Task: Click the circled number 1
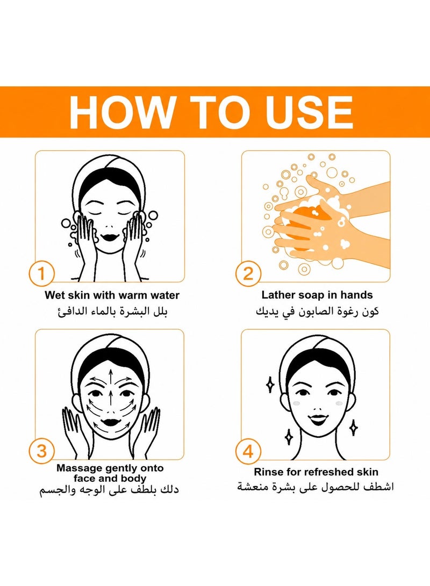click(41, 273)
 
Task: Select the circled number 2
click(248, 273)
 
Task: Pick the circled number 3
click(41, 451)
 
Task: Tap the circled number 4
click(248, 451)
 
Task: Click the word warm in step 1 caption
click(133, 295)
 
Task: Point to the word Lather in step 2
click(276, 295)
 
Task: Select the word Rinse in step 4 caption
click(266, 472)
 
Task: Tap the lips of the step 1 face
click(110, 237)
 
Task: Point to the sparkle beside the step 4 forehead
click(270, 385)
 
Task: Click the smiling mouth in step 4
click(318, 418)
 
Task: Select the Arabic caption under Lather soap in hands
click(317, 312)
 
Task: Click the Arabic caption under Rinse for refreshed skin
click(315, 487)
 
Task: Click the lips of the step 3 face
click(110, 422)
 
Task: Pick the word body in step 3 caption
click(133, 479)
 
